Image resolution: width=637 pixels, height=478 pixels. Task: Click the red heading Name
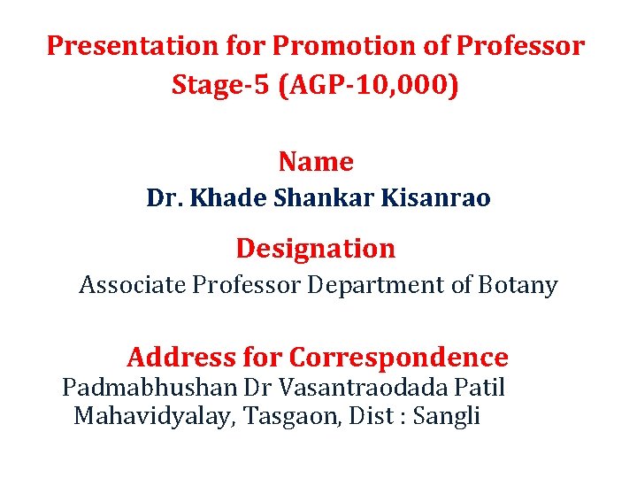point(316,162)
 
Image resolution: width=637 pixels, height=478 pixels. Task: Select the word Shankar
point(316,198)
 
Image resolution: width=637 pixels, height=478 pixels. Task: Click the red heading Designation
point(316,249)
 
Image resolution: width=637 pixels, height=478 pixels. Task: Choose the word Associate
point(131,285)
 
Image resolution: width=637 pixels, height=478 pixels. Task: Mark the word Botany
point(522,285)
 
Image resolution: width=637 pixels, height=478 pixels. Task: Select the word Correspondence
point(399,358)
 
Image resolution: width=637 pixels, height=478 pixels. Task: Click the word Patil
point(480,388)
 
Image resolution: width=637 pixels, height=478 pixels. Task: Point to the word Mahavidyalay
point(150,415)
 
